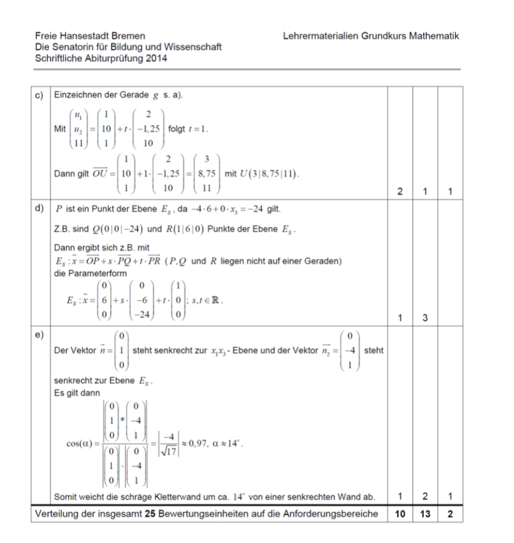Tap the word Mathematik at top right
click(x=435, y=36)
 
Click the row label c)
click(x=40, y=96)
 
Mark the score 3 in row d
click(x=425, y=319)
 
